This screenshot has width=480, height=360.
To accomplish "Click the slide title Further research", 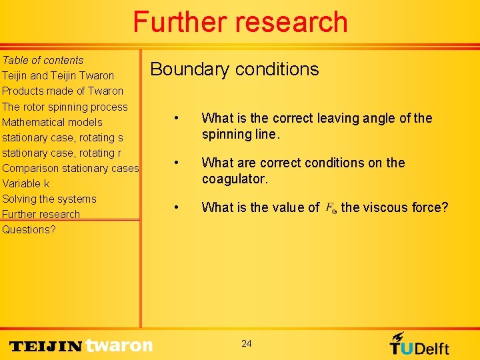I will pyautogui.click(x=240, y=22).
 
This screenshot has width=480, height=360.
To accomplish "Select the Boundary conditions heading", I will pyautogui.click(x=235, y=69).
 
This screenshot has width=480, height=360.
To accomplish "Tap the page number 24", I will pyautogui.click(x=247, y=343).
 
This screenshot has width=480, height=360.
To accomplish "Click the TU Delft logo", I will pyautogui.click(x=419, y=344).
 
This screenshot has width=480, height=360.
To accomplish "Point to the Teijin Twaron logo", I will pyautogui.click(x=81, y=345).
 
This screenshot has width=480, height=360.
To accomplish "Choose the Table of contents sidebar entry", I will pyautogui.click(x=43, y=60).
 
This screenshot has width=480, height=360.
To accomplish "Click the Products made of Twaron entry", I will pyautogui.click(x=63, y=91).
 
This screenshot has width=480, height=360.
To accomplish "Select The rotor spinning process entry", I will pyautogui.click(x=65, y=107).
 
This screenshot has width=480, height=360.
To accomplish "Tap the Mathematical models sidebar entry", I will pyautogui.click(x=52, y=122).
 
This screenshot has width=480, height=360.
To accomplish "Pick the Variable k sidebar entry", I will pyautogui.click(x=26, y=183).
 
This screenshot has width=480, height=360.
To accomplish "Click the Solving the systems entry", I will pyautogui.click(x=49, y=199).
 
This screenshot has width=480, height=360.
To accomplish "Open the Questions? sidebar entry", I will pyautogui.click(x=29, y=229).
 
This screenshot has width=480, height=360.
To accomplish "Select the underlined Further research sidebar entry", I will pyautogui.click(x=41, y=214).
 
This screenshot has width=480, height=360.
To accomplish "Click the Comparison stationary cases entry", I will pyautogui.click(x=70, y=168).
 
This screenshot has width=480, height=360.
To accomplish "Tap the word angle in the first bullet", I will pyautogui.click(x=376, y=118).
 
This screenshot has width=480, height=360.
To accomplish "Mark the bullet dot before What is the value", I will pyautogui.click(x=175, y=207).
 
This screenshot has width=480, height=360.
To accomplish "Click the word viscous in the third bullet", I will pyautogui.click(x=386, y=207).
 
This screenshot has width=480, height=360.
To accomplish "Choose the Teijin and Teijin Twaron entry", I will pyautogui.click(x=58, y=75).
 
